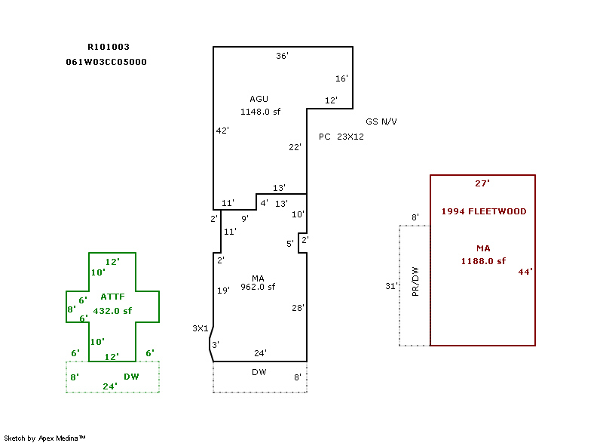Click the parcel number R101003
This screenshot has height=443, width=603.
click(109, 47)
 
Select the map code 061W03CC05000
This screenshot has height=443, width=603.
click(106, 62)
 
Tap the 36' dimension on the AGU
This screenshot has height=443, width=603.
click(282, 57)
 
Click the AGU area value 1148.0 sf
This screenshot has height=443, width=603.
click(260, 112)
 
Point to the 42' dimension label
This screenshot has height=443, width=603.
click(222, 131)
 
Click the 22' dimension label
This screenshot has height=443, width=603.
click(295, 147)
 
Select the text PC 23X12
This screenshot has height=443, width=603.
click(341, 137)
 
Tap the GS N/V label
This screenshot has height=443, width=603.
click(381, 122)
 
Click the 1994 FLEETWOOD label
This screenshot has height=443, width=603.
click(483, 211)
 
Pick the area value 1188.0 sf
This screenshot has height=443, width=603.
click(483, 261)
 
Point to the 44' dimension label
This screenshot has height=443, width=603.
click(525, 272)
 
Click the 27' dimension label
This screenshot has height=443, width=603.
click(482, 183)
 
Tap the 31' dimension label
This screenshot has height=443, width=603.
click(391, 286)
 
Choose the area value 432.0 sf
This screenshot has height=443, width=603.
click(112, 310)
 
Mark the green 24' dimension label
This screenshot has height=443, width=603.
click(111, 386)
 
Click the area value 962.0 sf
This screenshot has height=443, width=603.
click(258, 287)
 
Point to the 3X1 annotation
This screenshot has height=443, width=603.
click(200, 328)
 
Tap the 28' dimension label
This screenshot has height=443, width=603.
click(298, 308)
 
